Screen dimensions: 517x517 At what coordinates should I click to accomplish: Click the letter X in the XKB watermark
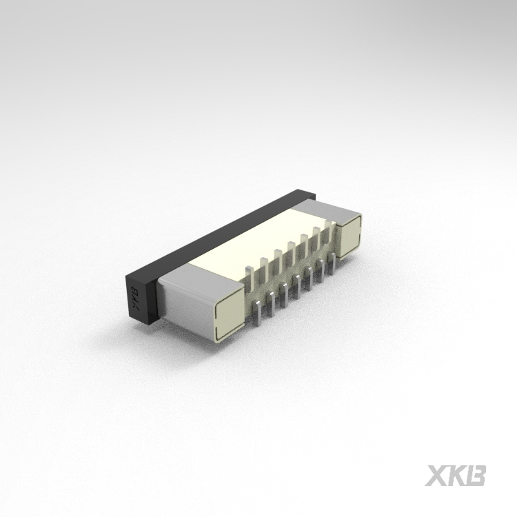436,475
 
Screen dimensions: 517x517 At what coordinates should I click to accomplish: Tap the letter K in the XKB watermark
456,475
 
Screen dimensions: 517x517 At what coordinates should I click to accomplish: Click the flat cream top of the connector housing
262,241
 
